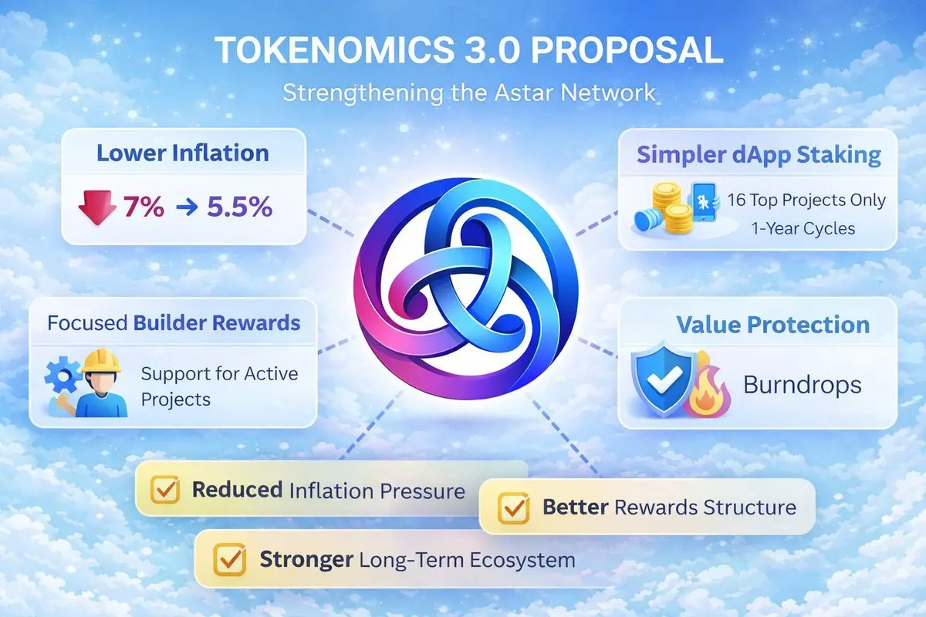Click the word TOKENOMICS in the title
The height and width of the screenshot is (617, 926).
click(x=334, y=50)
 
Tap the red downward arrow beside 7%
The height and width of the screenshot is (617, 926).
click(x=97, y=207)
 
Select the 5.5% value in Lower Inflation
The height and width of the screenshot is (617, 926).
click(x=240, y=206)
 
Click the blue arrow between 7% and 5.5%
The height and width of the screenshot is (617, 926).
click(x=188, y=207)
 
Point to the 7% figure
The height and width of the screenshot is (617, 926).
click(x=144, y=206)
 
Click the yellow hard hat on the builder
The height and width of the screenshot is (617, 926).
click(x=101, y=361)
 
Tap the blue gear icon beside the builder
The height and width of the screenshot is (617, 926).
click(x=63, y=376)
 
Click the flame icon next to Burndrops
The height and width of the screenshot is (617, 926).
click(x=707, y=390)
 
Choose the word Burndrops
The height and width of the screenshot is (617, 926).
click(x=803, y=385)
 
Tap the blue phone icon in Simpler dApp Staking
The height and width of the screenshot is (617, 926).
click(x=703, y=202)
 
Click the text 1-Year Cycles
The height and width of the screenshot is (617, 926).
click(x=803, y=228)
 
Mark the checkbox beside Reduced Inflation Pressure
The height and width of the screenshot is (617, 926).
click(x=165, y=490)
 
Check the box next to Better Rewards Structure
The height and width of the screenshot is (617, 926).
click(x=513, y=508)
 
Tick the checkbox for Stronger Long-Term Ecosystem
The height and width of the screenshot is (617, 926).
click(x=229, y=560)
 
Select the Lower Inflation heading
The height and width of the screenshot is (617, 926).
click(x=183, y=153)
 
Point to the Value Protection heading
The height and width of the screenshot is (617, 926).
click(x=773, y=325)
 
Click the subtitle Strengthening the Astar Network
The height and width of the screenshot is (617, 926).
click(x=469, y=93)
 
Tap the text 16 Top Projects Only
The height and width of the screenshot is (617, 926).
click(x=806, y=200)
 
